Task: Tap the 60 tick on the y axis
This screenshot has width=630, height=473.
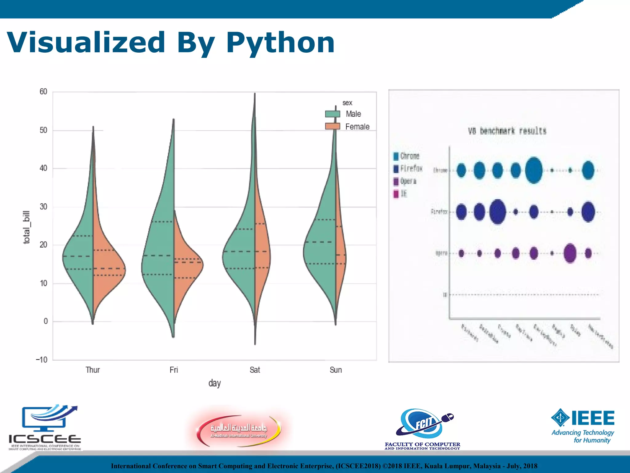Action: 43,91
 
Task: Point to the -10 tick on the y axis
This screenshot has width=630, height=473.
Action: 42,360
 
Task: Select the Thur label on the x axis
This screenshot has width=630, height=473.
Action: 93,370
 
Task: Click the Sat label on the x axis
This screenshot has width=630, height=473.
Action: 255,370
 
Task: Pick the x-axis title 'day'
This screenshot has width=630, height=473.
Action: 214,383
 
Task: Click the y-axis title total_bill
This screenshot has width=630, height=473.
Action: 27,227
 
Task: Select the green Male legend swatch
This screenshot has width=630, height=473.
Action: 333,114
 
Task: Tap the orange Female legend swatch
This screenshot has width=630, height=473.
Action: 333,126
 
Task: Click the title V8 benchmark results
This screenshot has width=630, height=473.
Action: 507,131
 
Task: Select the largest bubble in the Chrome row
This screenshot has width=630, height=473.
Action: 534,170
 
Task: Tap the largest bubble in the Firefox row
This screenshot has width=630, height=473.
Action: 497,212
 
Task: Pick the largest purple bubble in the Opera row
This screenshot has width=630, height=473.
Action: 570,253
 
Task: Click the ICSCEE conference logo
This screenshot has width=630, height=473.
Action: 45,428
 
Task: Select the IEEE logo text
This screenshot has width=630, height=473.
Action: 592,418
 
